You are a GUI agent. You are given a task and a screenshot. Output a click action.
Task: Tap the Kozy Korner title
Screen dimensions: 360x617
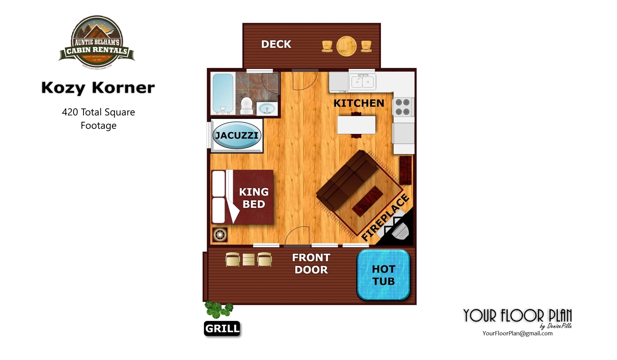point(98,87)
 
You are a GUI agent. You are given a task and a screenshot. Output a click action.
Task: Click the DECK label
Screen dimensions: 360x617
point(276,44)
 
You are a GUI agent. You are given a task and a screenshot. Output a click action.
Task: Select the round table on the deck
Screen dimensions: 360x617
point(346,46)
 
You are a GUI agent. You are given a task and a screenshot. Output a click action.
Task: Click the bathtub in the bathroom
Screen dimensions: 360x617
point(223,93)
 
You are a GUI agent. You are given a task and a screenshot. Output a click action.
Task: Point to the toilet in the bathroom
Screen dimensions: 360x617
point(246,105)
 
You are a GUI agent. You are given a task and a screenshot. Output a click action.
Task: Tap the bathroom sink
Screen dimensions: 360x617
point(267,109)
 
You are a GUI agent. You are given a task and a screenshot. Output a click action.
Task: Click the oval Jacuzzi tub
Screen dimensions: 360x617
point(237,135)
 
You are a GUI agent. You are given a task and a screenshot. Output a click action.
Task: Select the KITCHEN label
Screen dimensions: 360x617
point(359,103)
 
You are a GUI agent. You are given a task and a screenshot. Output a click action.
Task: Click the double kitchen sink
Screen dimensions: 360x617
point(362,82)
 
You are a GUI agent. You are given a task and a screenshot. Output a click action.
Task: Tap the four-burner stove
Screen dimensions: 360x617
point(402,107)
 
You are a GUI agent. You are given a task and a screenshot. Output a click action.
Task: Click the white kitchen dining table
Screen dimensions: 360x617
point(356,125)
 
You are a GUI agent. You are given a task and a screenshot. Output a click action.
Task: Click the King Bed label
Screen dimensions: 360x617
point(254,198)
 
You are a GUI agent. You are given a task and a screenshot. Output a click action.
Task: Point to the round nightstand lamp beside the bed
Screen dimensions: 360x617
point(220,235)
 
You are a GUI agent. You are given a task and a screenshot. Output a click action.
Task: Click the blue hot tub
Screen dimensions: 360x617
point(383,275)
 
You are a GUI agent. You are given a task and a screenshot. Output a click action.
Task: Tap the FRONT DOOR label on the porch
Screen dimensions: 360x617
point(311,264)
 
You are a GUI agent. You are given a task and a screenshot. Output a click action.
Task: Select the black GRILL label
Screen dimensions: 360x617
point(222,328)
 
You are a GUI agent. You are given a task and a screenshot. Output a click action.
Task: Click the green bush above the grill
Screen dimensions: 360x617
point(218,309)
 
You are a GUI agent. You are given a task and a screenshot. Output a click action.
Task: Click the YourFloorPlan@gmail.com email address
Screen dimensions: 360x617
point(517,333)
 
